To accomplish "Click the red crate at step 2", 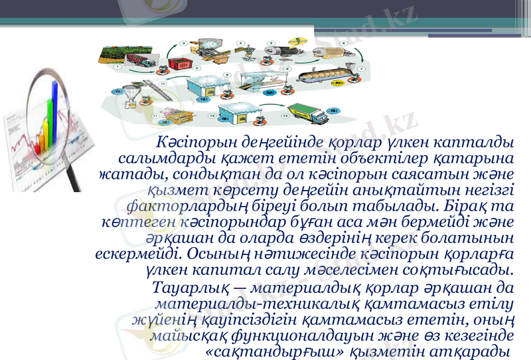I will (177, 64).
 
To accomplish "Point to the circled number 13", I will (285, 116).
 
